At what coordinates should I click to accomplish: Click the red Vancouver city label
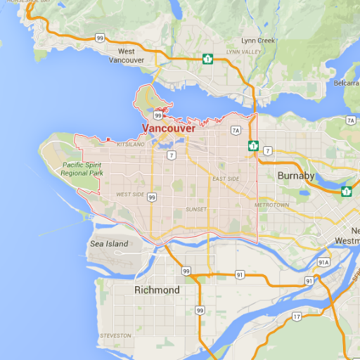click(169, 128)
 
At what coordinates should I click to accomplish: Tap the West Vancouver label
click(127, 56)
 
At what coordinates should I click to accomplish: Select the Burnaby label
click(296, 175)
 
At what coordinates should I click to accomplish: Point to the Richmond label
click(157, 290)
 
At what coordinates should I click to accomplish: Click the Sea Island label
click(109, 244)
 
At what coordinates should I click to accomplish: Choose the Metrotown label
click(271, 205)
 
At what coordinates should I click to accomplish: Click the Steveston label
click(115, 335)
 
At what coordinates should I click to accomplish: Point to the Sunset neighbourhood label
click(196, 210)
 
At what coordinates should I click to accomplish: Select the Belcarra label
click(347, 83)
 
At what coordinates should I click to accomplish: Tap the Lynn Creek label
click(258, 41)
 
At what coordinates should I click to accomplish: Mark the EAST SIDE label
click(226, 179)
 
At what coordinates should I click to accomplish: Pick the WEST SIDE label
click(130, 194)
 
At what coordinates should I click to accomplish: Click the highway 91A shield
click(323, 262)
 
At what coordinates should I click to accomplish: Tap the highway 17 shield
click(296, 316)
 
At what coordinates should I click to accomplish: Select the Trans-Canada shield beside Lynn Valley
click(207, 58)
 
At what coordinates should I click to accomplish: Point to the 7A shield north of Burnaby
click(236, 130)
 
